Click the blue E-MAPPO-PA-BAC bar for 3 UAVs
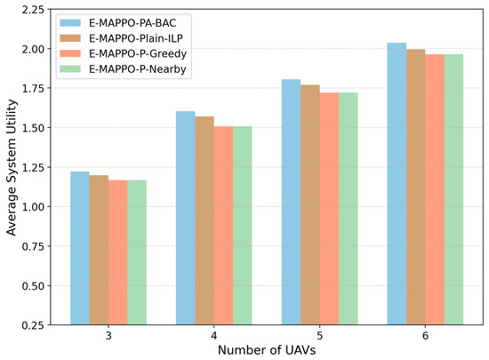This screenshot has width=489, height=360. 80,248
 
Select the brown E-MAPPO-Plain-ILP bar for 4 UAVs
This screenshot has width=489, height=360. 204,220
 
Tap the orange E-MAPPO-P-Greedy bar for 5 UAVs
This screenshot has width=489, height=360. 329,209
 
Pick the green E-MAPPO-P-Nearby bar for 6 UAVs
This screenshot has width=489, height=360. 453,189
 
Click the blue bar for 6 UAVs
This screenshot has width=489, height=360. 397,184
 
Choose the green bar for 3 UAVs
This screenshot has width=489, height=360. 137,252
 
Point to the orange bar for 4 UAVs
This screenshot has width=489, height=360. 223,226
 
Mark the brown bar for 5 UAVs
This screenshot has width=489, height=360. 310,204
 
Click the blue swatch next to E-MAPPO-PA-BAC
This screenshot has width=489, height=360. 70,23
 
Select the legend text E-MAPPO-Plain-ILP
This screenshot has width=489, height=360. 136,38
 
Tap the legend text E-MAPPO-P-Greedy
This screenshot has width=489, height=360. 138,53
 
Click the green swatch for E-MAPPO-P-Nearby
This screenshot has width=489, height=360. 70,68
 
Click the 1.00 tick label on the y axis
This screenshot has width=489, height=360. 33,206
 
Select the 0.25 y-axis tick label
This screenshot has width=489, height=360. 33,325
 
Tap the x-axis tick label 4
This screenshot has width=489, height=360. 214,336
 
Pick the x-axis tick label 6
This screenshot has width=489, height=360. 425,336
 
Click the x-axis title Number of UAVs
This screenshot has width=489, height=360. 267,350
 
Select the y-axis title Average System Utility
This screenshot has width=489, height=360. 12,167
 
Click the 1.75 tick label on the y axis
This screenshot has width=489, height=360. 33,88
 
